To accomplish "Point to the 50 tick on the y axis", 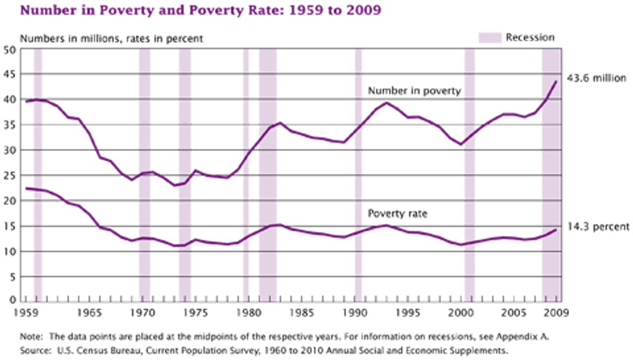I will (10, 49).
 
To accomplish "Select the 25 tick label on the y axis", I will (10, 175).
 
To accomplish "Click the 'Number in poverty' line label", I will (414, 90).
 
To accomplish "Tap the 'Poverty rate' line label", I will (398, 214).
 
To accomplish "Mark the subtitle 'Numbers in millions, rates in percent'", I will (111, 39).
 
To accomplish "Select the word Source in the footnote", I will (34, 350).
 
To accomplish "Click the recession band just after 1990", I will (358, 173).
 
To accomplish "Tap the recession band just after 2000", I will (469, 173).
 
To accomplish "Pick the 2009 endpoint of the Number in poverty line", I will (556, 82).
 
